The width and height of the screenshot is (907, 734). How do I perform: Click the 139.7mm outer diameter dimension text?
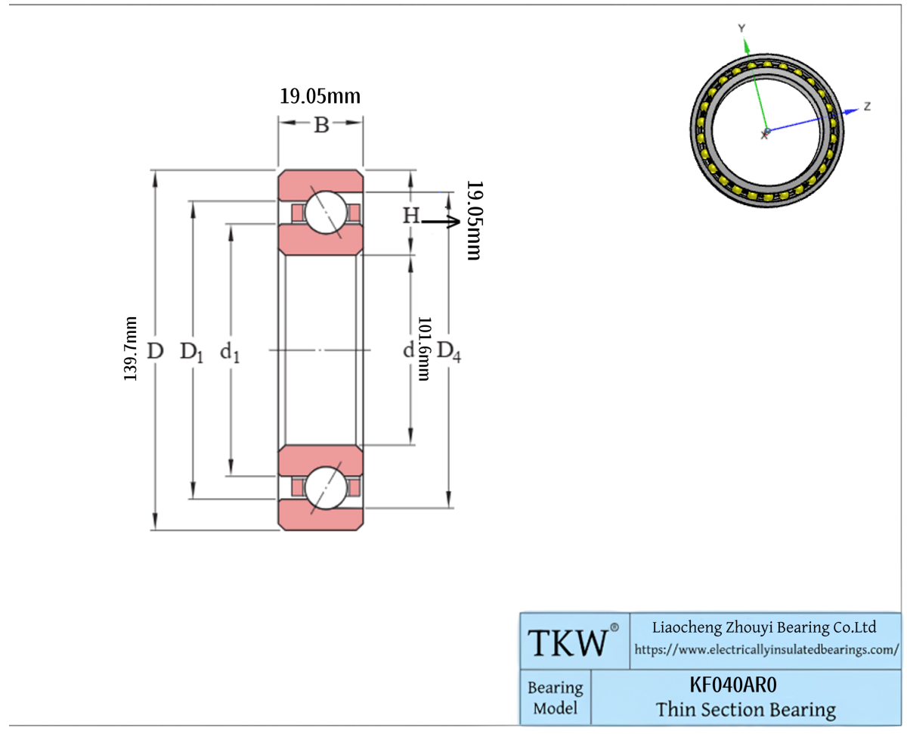coord(130,349)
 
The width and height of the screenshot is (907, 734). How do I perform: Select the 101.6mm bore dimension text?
coord(424,349)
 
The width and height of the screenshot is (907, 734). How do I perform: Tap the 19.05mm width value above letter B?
coord(320,96)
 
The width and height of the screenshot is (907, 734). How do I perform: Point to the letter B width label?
coord(321,126)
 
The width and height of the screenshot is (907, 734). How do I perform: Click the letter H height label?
coord(411,215)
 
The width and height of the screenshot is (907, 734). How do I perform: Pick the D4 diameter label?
coord(449,352)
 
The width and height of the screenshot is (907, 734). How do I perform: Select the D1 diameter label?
coord(191,353)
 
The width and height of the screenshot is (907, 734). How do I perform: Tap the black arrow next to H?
coord(441,221)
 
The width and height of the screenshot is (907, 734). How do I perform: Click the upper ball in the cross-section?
coord(327,213)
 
